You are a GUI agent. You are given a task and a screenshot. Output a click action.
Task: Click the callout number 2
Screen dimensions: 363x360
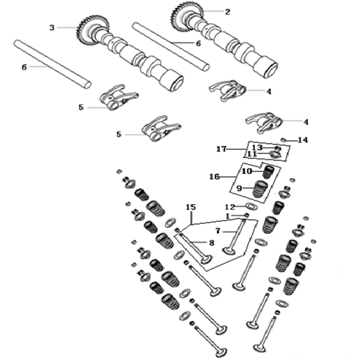[228, 12]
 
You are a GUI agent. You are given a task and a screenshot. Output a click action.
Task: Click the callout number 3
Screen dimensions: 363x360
[52, 27]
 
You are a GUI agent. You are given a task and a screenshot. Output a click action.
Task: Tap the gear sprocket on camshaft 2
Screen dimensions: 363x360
[183, 17]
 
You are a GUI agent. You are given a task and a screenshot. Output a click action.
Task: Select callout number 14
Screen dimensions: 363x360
[303, 140]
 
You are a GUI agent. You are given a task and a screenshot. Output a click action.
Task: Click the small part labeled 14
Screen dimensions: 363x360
[283, 140]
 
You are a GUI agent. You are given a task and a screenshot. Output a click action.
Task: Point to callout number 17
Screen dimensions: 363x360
[221, 149]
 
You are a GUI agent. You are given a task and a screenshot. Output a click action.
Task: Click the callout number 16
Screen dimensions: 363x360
[214, 177]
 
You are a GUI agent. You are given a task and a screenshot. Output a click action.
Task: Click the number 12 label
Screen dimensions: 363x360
[230, 207]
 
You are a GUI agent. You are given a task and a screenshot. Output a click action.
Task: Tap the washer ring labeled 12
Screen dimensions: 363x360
[251, 206]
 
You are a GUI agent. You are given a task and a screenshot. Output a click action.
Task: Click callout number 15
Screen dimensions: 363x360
[191, 207]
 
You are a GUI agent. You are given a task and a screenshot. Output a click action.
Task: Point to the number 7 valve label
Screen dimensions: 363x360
[218, 231]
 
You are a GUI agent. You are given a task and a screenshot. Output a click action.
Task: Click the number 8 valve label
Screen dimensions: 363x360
[212, 243]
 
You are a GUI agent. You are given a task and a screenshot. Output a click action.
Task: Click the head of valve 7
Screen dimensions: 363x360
[229, 251]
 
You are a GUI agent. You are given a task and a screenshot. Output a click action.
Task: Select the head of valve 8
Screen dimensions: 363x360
[206, 259]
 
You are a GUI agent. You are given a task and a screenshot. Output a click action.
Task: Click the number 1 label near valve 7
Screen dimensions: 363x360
[228, 216]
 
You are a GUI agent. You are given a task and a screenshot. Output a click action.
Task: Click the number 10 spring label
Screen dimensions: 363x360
[247, 171]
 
